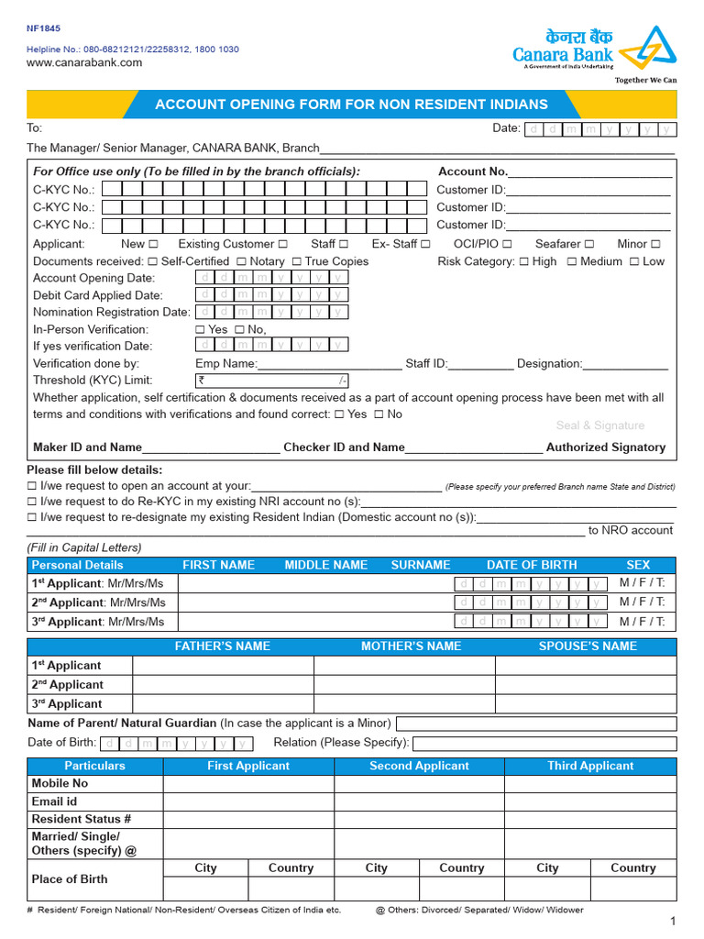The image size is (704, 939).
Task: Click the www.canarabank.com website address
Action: (x=84, y=62)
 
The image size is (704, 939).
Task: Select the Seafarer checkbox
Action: (x=589, y=244)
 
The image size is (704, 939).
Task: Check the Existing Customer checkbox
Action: (x=283, y=244)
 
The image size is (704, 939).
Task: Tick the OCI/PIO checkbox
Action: (x=507, y=244)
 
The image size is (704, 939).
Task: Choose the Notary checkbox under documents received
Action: (x=241, y=261)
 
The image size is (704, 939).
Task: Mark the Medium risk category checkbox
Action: (x=571, y=261)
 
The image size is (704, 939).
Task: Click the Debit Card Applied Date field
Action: (x=272, y=295)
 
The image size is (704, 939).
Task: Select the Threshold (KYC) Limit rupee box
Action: (x=272, y=381)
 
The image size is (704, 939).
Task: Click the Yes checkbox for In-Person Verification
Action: (x=201, y=329)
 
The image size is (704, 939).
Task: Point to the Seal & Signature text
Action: (x=599, y=425)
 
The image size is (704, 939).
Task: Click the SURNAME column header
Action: (x=421, y=565)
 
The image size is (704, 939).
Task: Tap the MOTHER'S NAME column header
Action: (x=411, y=646)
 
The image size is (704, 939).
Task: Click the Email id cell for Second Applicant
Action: (x=418, y=801)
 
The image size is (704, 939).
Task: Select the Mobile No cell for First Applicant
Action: (x=247, y=783)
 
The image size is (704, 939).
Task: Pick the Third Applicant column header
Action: (x=589, y=766)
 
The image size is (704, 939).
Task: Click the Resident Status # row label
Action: (x=82, y=819)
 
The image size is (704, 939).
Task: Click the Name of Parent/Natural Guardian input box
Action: (x=535, y=724)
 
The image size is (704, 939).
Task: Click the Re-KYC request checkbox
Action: (x=33, y=503)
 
